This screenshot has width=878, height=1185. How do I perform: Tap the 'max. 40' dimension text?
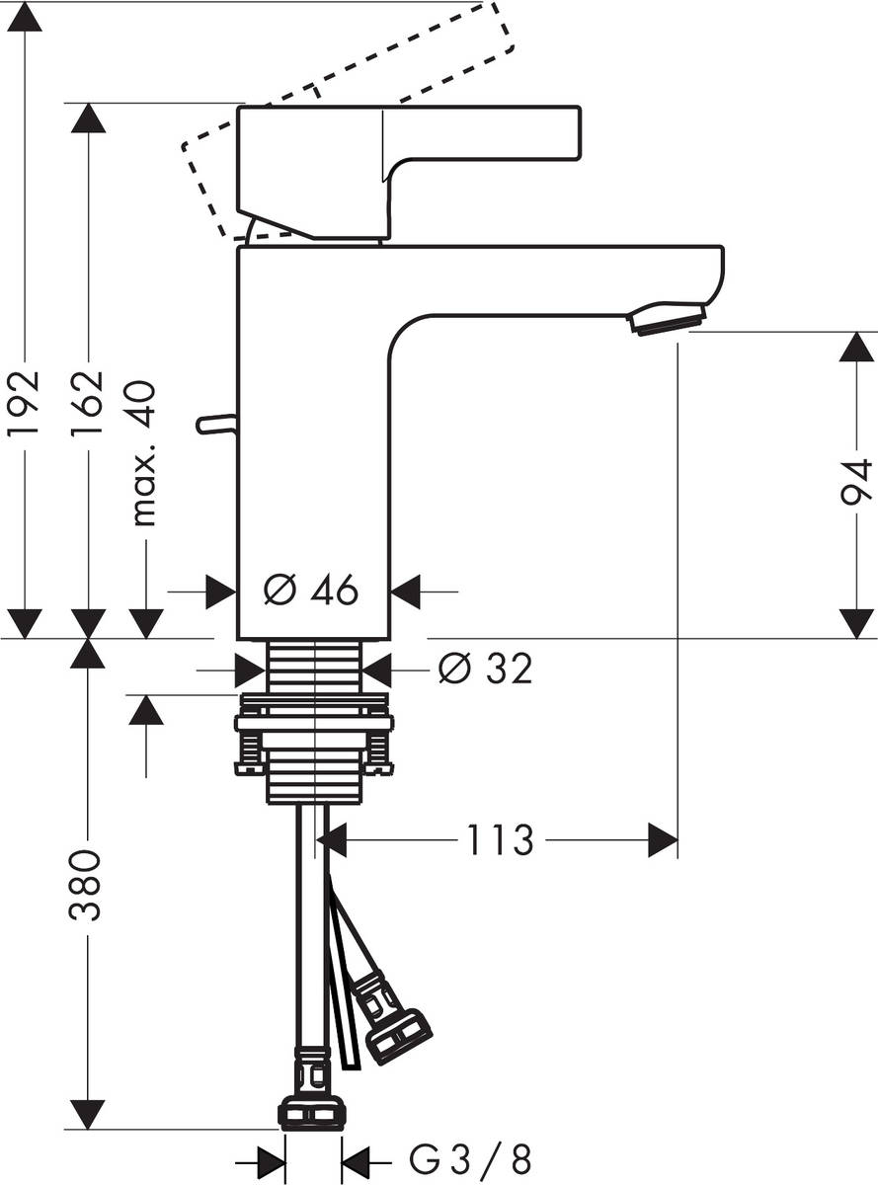[144, 453]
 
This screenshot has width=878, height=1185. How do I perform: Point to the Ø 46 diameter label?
[312, 592]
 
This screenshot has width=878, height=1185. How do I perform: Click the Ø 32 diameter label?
[485, 670]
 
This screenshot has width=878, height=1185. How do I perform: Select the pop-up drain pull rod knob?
[215, 424]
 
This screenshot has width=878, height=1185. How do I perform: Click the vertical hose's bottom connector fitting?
[313, 1110]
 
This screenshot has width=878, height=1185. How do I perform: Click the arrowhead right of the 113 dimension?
[663, 841]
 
